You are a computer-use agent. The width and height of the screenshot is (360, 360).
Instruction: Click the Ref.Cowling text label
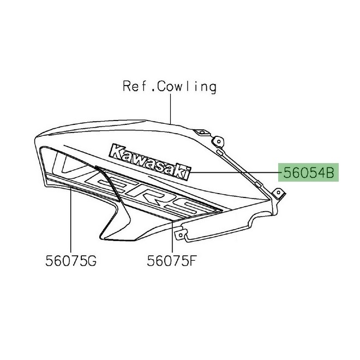click(169, 86)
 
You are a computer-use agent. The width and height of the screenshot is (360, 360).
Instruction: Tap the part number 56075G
click(71, 261)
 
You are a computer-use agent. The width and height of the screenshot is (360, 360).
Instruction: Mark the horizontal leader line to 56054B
click(235, 173)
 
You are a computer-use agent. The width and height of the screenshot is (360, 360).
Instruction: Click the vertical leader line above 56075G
click(71, 218)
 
